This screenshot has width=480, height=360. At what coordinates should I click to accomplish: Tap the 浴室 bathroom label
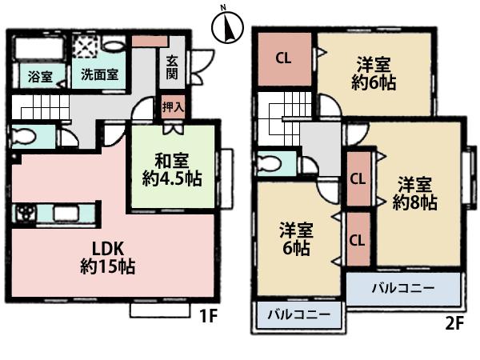click(40, 77)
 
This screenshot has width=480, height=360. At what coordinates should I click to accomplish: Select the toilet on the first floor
click(26, 135)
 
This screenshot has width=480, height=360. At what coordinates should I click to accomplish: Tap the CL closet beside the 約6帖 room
click(283, 58)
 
